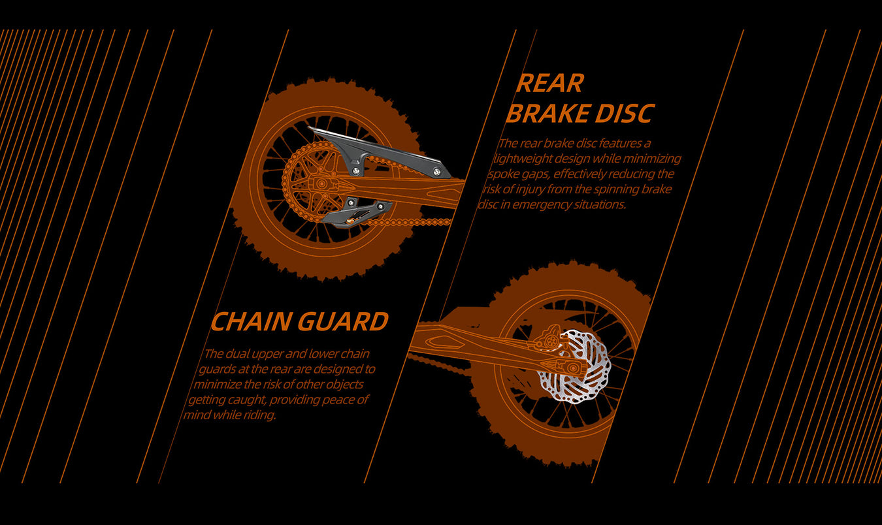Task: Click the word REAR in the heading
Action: coord(549,84)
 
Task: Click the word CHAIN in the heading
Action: coord(251,322)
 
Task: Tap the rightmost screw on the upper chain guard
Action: coord(436,172)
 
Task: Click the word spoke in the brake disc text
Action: coord(504,174)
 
